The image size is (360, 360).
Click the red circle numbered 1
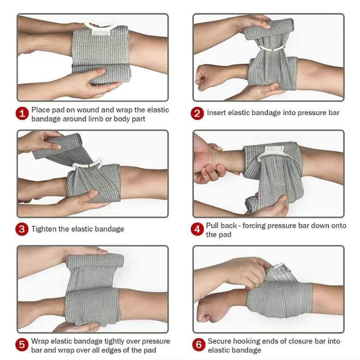[x=22, y=113]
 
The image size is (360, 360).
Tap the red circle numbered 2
[x=198, y=113]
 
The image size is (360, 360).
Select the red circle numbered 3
[x=22, y=229]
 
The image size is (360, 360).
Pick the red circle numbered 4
[x=198, y=229]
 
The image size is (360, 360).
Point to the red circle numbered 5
[x=22, y=345]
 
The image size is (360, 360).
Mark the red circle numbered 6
[x=198, y=345]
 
